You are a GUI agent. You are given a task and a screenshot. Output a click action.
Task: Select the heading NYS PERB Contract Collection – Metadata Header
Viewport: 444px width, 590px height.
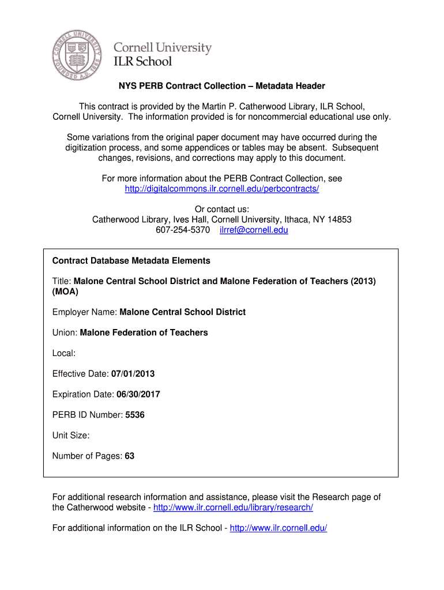point(222,86)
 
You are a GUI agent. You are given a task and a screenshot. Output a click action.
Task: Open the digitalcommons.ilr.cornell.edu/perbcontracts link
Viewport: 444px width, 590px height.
point(222,189)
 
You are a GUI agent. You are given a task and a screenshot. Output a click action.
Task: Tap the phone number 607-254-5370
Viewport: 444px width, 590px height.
point(183,230)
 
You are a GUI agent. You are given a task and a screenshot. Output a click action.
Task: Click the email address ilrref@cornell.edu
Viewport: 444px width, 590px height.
point(254,230)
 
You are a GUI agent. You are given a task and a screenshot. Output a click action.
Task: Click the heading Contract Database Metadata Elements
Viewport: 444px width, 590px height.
point(131,260)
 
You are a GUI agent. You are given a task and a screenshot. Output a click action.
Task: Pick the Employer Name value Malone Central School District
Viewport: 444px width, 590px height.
point(182,312)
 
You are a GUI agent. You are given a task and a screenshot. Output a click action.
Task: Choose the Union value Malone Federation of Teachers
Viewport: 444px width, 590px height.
point(144,332)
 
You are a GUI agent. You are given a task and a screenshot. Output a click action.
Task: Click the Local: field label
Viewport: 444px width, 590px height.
point(64,353)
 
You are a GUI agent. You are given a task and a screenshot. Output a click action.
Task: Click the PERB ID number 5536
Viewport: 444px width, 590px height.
point(135,415)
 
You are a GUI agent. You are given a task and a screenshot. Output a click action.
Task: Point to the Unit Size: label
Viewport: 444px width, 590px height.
point(71,436)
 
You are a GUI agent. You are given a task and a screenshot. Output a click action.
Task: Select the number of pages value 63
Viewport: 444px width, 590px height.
point(129,456)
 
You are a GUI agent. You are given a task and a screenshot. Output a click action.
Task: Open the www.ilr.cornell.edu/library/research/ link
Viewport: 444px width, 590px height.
point(234,507)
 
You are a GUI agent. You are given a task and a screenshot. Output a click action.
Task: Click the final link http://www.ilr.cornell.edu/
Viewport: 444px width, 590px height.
point(279,528)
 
